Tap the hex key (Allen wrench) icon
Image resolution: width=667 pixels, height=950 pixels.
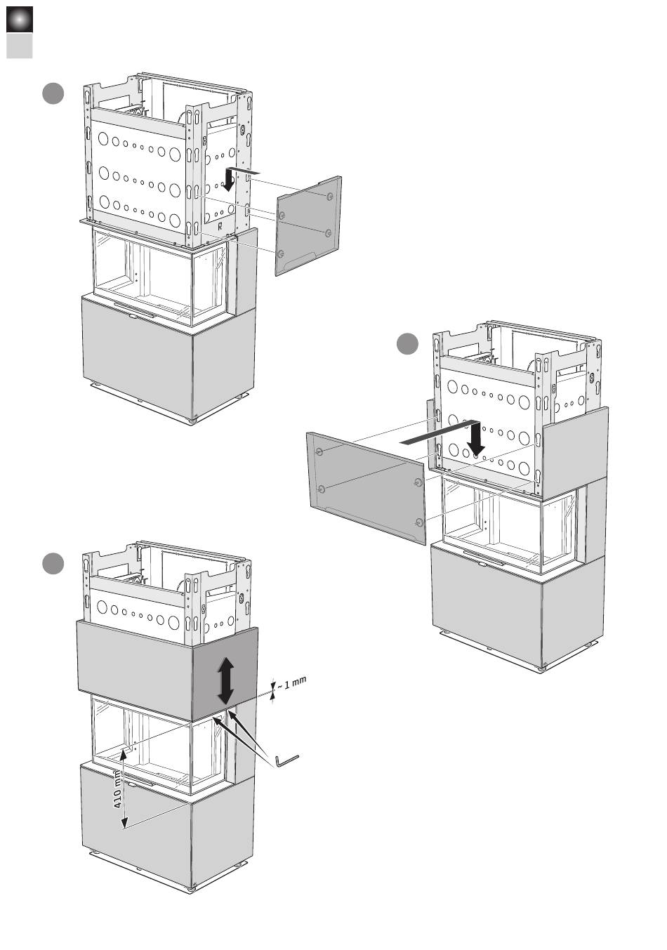[x=286, y=760]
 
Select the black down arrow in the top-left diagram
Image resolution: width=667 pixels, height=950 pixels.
[x=229, y=180]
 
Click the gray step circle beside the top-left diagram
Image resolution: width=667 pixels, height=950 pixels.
[x=53, y=93]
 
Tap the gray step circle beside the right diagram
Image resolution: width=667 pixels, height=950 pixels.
[x=407, y=344]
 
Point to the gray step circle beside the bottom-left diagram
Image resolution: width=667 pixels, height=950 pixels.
[x=53, y=564]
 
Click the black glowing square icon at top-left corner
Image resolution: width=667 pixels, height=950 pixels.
[x=20, y=20]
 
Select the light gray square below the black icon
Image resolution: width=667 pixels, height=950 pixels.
[x=20, y=46]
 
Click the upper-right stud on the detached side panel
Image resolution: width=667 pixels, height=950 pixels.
[x=330, y=197]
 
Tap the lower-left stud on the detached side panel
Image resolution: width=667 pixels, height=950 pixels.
[x=281, y=252]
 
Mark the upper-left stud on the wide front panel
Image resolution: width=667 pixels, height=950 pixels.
[x=320, y=451]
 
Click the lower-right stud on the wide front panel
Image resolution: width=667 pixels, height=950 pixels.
[x=419, y=522]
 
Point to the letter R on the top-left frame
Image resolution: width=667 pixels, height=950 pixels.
[x=220, y=226]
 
